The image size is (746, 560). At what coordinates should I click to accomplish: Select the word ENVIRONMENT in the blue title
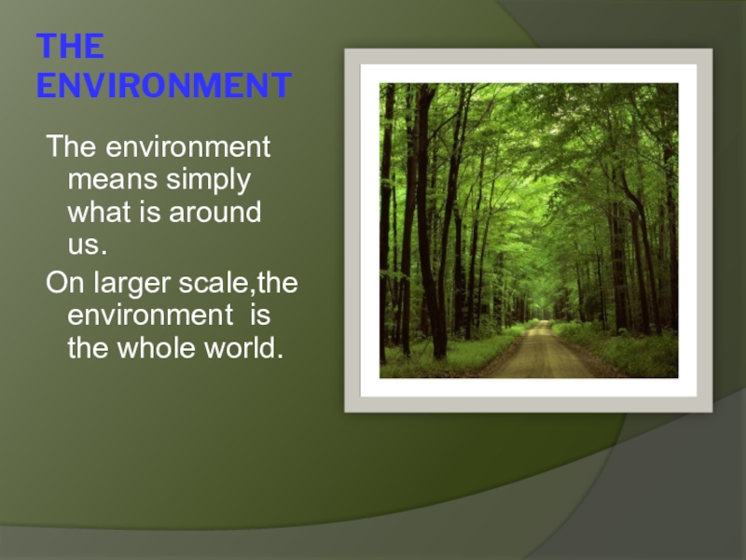pos(163,86)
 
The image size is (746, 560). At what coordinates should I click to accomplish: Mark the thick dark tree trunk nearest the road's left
pos(430,233)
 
